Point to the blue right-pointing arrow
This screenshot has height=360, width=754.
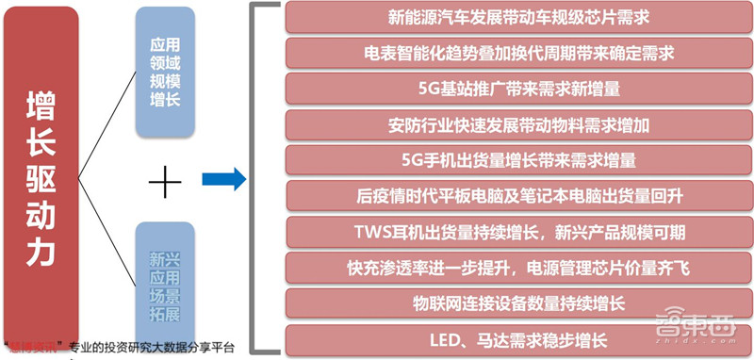tap(223, 177)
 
